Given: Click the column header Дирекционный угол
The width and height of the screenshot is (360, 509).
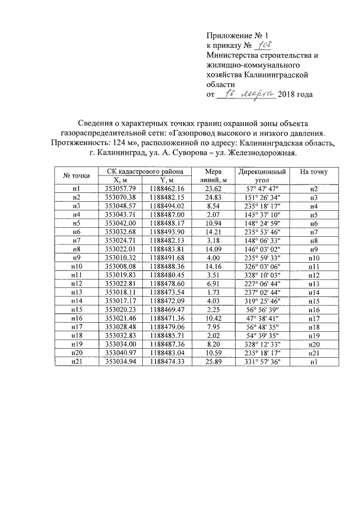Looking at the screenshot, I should click(x=263, y=175).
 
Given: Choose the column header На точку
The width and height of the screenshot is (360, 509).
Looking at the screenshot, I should click(x=314, y=172).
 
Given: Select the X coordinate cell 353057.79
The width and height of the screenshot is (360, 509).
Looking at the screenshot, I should click(x=121, y=188).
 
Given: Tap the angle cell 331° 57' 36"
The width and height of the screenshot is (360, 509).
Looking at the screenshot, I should click(x=263, y=362).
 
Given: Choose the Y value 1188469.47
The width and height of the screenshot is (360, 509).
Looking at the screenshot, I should click(x=168, y=309).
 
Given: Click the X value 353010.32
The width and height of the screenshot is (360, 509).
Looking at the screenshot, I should click(x=121, y=258).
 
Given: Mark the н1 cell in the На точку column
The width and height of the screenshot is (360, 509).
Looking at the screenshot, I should click(x=314, y=362).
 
